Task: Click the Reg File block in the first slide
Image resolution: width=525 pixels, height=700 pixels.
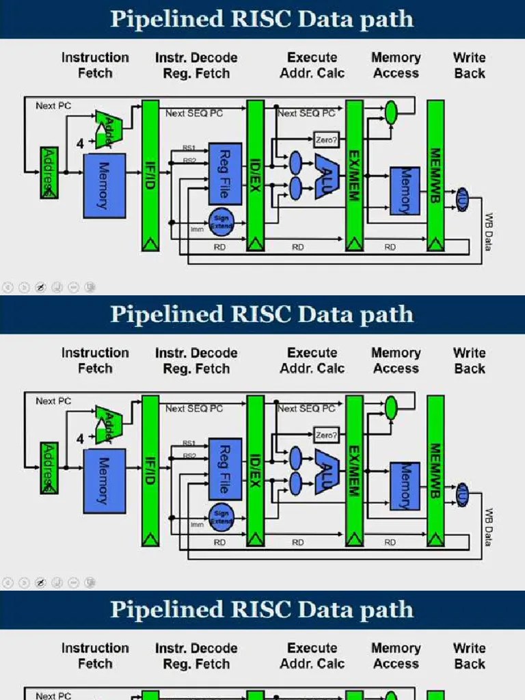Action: pos(225,174)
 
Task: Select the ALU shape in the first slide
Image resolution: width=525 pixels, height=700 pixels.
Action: pos(327,176)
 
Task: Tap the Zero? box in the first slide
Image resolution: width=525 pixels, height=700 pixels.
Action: pos(326,140)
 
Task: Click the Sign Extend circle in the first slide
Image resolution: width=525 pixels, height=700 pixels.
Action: pos(221,220)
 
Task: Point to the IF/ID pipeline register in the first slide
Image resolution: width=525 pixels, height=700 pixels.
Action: pos(150,175)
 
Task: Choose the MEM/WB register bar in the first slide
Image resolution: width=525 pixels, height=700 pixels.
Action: pos(435,175)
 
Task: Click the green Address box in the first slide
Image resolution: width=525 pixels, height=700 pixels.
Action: pos(49,172)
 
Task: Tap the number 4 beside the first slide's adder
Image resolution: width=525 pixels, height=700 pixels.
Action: pos(80,144)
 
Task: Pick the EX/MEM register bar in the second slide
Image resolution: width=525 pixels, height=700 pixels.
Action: pos(354,470)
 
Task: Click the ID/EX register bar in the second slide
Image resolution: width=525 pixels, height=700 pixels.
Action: pos(255,470)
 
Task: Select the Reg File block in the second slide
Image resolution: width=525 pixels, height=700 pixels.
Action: pos(225,469)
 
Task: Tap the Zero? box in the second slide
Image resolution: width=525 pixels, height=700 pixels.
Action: pos(326,435)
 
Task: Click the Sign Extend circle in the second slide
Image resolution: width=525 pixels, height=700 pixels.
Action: pos(221,515)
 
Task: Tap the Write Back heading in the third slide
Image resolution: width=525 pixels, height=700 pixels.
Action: pos(469,656)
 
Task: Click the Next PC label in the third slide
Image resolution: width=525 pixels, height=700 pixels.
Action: pos(53,695)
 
